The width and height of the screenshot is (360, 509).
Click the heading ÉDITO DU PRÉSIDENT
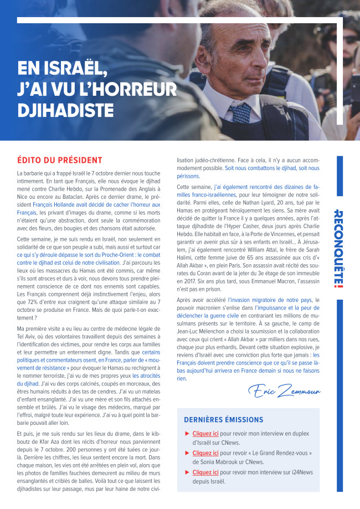pyautogui.click(x=59, y=161)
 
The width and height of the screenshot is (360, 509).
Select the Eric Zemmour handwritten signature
pyautogui.click(x=284, y=392)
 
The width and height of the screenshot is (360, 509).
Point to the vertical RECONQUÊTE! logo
pyautogui.click(x=340, y=249)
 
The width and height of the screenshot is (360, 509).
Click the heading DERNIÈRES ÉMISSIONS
pyautogui.click(x=223, y=420)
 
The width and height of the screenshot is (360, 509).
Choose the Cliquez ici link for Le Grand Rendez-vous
pyautogui.click(x=205, y=453)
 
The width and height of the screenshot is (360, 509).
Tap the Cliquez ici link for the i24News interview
pyautogui.click(x=205, y=472)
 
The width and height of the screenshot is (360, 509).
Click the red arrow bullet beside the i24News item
pyautogui.click(x=188, y=472)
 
